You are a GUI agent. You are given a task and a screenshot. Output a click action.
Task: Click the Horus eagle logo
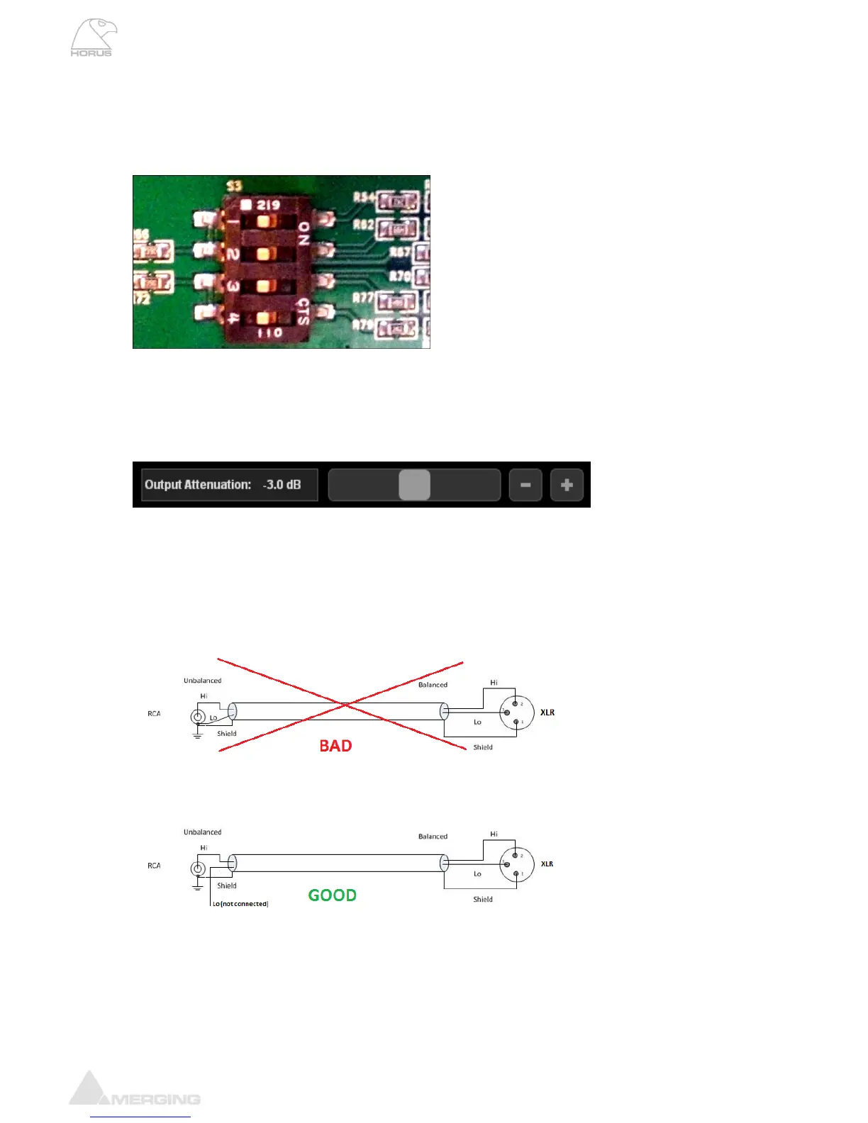tap(93, 38)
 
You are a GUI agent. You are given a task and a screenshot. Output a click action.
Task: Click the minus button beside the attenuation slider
tap(525, 485)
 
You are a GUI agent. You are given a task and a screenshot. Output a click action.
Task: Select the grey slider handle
tap(415, 485)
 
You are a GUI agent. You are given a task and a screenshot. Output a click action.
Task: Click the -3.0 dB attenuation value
tap(282, 485)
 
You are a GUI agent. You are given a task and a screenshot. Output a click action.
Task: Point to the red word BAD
tap(335, 746)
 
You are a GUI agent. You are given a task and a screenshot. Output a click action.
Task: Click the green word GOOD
tap(332, 895)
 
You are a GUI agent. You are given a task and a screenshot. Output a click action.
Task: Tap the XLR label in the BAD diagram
tap(547, 713)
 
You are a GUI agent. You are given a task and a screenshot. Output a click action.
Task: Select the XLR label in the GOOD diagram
tap(547, 864)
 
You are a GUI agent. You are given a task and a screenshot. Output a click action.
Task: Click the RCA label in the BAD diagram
tap(154, 714)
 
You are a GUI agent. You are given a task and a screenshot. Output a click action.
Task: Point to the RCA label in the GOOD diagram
tap(154, 866)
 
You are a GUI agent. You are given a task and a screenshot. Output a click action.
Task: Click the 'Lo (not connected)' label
tap(240, 904)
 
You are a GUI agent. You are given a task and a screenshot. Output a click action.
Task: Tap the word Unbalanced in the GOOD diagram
tap(202, 832)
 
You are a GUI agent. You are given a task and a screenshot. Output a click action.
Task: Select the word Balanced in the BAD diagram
tap(433, 685)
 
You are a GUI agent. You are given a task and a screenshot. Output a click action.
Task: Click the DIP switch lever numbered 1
tap(264, 221)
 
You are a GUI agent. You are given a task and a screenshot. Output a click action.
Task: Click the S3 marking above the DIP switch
tap(234, 186)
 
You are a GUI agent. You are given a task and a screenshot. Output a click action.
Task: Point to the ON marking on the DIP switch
tap(304, 234)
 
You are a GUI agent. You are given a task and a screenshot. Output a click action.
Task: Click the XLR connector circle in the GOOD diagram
tap(516, 865)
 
